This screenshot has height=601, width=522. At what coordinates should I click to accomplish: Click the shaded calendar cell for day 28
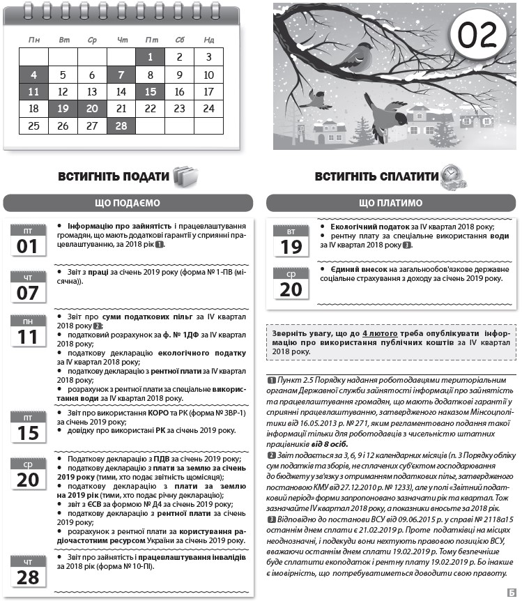coord(121,125)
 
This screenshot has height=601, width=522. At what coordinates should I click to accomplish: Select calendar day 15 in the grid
coord(150,91)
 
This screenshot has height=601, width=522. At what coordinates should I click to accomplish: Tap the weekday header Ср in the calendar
coord(92,40)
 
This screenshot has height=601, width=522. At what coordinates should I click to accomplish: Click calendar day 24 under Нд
coord(208,109)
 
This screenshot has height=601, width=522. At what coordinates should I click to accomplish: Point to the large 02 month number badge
coord(477,34)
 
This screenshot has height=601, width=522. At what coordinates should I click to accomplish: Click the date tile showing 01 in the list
coord(27,241)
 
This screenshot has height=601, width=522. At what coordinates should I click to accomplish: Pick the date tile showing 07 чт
coord(27,287)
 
